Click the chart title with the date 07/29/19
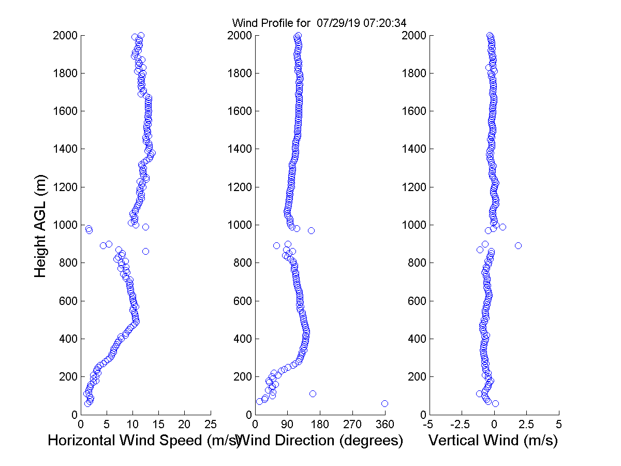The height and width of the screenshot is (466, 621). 319,23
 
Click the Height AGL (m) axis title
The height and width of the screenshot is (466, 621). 41,225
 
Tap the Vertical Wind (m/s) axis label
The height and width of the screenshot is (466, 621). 493,441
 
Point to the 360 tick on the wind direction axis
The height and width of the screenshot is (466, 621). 385,424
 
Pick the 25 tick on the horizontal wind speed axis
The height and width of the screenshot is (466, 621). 210,424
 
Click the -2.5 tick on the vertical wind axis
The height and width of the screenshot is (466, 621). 462,424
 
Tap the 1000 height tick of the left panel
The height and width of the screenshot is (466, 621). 64,225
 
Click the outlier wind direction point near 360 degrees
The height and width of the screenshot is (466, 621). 385,403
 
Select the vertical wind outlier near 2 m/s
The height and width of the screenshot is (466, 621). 518,245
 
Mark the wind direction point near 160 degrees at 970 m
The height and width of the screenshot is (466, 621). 311,230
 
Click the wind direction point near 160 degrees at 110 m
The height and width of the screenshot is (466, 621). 313,394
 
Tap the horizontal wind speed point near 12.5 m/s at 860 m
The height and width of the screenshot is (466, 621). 145,251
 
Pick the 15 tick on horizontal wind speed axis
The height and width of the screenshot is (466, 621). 158,424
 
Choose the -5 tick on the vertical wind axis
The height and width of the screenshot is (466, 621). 428,424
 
